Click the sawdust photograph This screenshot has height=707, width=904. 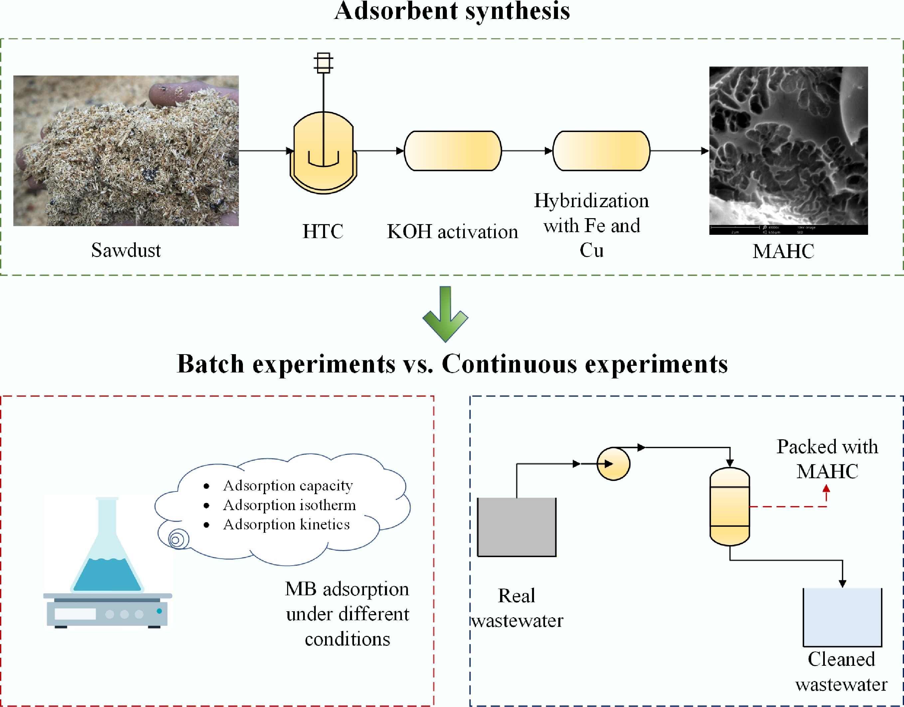[x=126, y=150]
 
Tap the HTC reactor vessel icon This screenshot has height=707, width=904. [x=323, y=153]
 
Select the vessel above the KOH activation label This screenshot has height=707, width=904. [x=452, y=151]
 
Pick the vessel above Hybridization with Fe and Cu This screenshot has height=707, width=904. [x=601, y=151]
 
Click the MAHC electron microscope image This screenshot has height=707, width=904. [x=788, y=150]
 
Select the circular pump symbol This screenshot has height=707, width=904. [x=613, y=464]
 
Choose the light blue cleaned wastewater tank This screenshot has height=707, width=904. [x=842, y=617]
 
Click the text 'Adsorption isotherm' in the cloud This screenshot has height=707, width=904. [x=289, y=505]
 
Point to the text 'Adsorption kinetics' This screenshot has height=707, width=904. [x=286, y=524]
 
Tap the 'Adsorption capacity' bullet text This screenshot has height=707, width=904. [x=288, y=486]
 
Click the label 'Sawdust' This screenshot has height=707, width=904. [x=126, y=250]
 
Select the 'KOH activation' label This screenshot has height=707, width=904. [x=452, y=231]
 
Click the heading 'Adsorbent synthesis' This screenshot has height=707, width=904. [x=452, y=11]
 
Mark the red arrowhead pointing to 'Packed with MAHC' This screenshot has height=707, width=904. [x=826, y=489]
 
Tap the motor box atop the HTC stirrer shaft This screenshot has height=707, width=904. [x=323, y=63]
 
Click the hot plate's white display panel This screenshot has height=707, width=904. [x=75, y=614]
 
